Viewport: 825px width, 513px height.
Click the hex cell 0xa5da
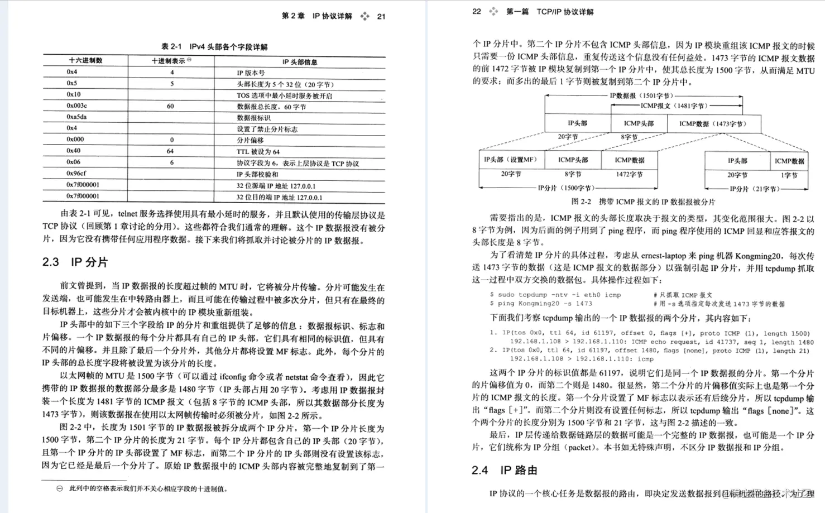[76, 117]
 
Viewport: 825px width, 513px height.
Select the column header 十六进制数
[85, 60]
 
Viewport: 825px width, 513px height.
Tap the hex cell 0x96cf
[76, 174]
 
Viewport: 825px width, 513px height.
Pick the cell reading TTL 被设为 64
[258, 151]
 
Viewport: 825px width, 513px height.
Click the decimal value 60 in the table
[170, 106]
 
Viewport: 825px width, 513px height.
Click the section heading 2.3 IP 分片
[75, 262]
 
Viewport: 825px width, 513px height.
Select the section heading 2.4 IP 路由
[505, 470]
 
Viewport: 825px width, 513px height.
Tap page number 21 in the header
[381, 16]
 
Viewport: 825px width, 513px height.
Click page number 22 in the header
[476, 11]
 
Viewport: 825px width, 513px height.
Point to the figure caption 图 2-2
[643, 202]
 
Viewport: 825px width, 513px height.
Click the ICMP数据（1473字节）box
[713, 124]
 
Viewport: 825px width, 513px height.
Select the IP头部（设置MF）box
[510, 160]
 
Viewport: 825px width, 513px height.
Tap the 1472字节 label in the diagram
[629, 175]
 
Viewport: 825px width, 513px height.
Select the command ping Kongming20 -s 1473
[544, 304]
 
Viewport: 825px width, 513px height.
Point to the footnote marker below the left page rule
[60, 488]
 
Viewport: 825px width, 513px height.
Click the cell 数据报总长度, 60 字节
[271, 107]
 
